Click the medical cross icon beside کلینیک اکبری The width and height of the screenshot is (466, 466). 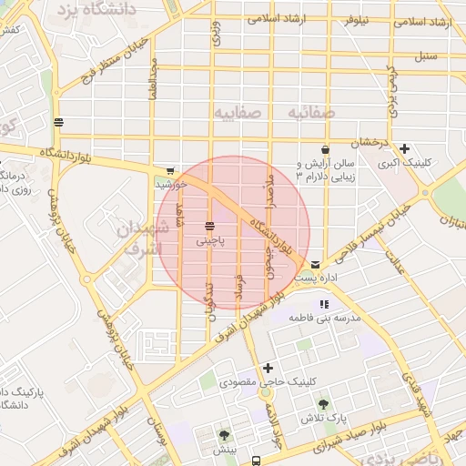pyautogui.click(x=404, y=148)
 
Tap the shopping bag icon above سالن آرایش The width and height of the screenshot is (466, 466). pyautogui.click(x=325, y=149)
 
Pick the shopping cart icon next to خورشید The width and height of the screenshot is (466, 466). pyautogui.click(x=170, y=170)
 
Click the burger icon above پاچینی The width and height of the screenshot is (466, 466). pyautogui.click(x=209, y=226)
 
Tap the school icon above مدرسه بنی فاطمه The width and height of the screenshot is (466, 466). pyautogui.click(x=323, y=304)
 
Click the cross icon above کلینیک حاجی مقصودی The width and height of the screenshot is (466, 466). pyautogui.click(x=268, y=368)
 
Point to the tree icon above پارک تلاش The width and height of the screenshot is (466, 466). pyautogui.click(x=323, y=403)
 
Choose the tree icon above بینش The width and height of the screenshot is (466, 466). pyautogui.click(x=223, y=435)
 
